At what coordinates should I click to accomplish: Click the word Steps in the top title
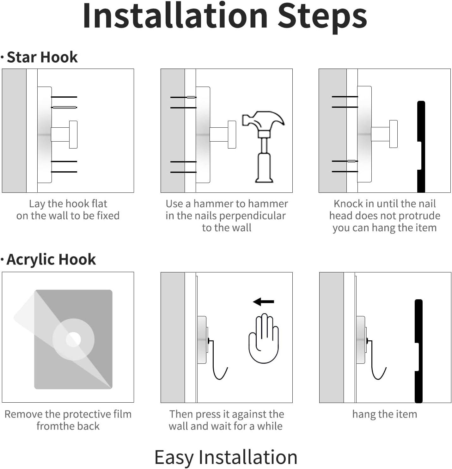322,18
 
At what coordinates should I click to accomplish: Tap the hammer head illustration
263,121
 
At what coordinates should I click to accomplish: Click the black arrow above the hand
263,301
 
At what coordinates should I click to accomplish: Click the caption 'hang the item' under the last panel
385,414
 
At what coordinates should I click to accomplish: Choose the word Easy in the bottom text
174,457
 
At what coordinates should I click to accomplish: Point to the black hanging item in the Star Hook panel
421,147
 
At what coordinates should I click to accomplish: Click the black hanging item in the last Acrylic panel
418,351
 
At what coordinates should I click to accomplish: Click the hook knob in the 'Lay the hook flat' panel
73,135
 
